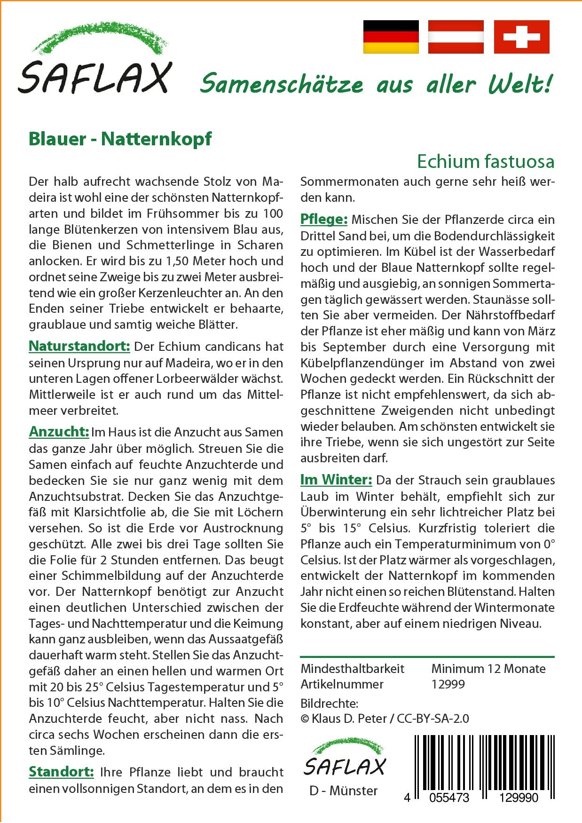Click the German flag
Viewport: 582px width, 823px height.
point(391,37)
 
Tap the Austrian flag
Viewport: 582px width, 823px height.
point(456,37)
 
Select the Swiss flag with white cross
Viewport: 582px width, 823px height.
point(521,37)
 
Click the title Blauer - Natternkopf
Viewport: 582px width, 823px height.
point(120,139)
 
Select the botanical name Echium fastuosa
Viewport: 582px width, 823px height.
point(485,161)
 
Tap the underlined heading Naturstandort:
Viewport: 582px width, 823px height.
point(79,347)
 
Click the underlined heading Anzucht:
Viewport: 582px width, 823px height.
point(59,432)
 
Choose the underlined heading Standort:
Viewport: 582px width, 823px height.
point(61,772)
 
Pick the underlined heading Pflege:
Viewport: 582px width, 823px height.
point(323,219)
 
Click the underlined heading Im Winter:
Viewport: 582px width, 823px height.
point(336,480)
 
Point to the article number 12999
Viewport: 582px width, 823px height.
point(448,684)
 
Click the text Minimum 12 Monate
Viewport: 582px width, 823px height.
point(488,668)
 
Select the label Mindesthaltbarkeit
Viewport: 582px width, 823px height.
point(352,668)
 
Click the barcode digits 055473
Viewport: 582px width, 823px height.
point(449,798)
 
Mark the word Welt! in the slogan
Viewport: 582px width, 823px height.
point(519,85)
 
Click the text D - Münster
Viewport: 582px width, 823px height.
point(343,791)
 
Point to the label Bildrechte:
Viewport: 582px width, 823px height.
point(329,704)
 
